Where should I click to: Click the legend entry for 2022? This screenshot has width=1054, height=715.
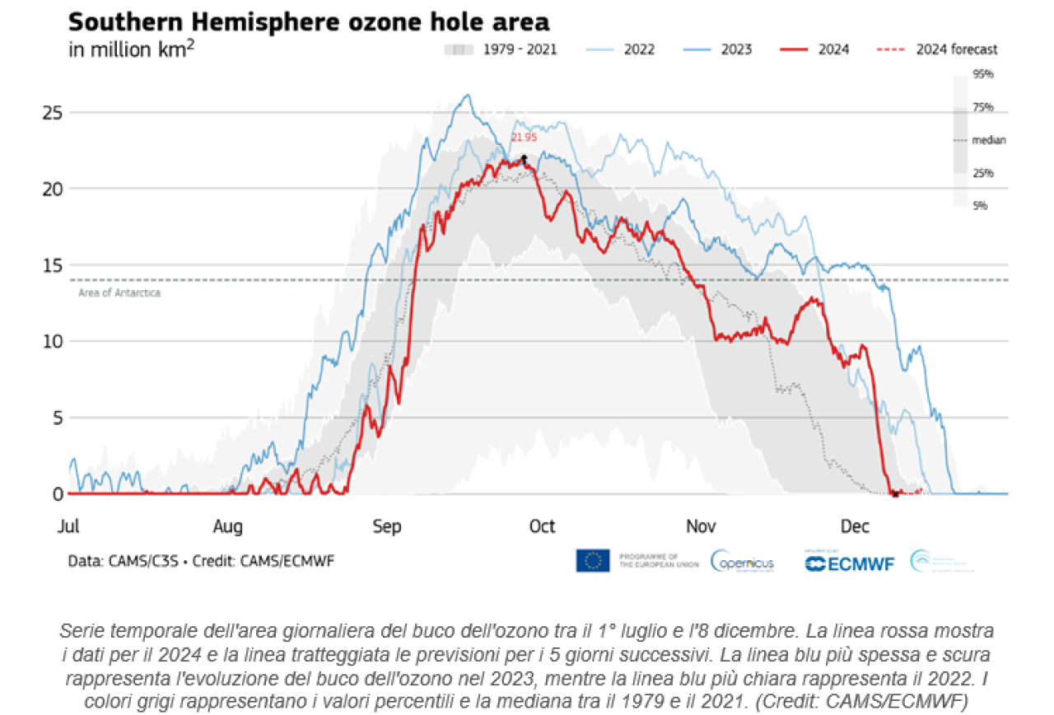coord(639,49)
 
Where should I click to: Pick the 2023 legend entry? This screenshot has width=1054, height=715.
coord(736,49)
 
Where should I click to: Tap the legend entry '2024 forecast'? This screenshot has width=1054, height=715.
coord(956,49)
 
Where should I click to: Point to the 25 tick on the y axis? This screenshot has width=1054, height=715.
coord(52,112)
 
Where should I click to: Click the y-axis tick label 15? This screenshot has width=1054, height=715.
coord(52,265)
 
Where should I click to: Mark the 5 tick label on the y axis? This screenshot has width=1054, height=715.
coord(57,418)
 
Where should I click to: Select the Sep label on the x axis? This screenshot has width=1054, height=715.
coord(387,526)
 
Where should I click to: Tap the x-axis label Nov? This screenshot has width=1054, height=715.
coord(701,526)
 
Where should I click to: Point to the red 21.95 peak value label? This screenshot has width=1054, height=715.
coord(524,138)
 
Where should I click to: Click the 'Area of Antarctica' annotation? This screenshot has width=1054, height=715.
coord(119,292)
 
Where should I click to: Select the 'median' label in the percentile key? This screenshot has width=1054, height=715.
coord(989,140)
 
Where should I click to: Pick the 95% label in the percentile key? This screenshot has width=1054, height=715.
coord(983,74)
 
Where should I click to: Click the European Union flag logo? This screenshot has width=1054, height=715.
coord(593,561)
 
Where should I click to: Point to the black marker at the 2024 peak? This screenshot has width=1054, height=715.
coord(524,157)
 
